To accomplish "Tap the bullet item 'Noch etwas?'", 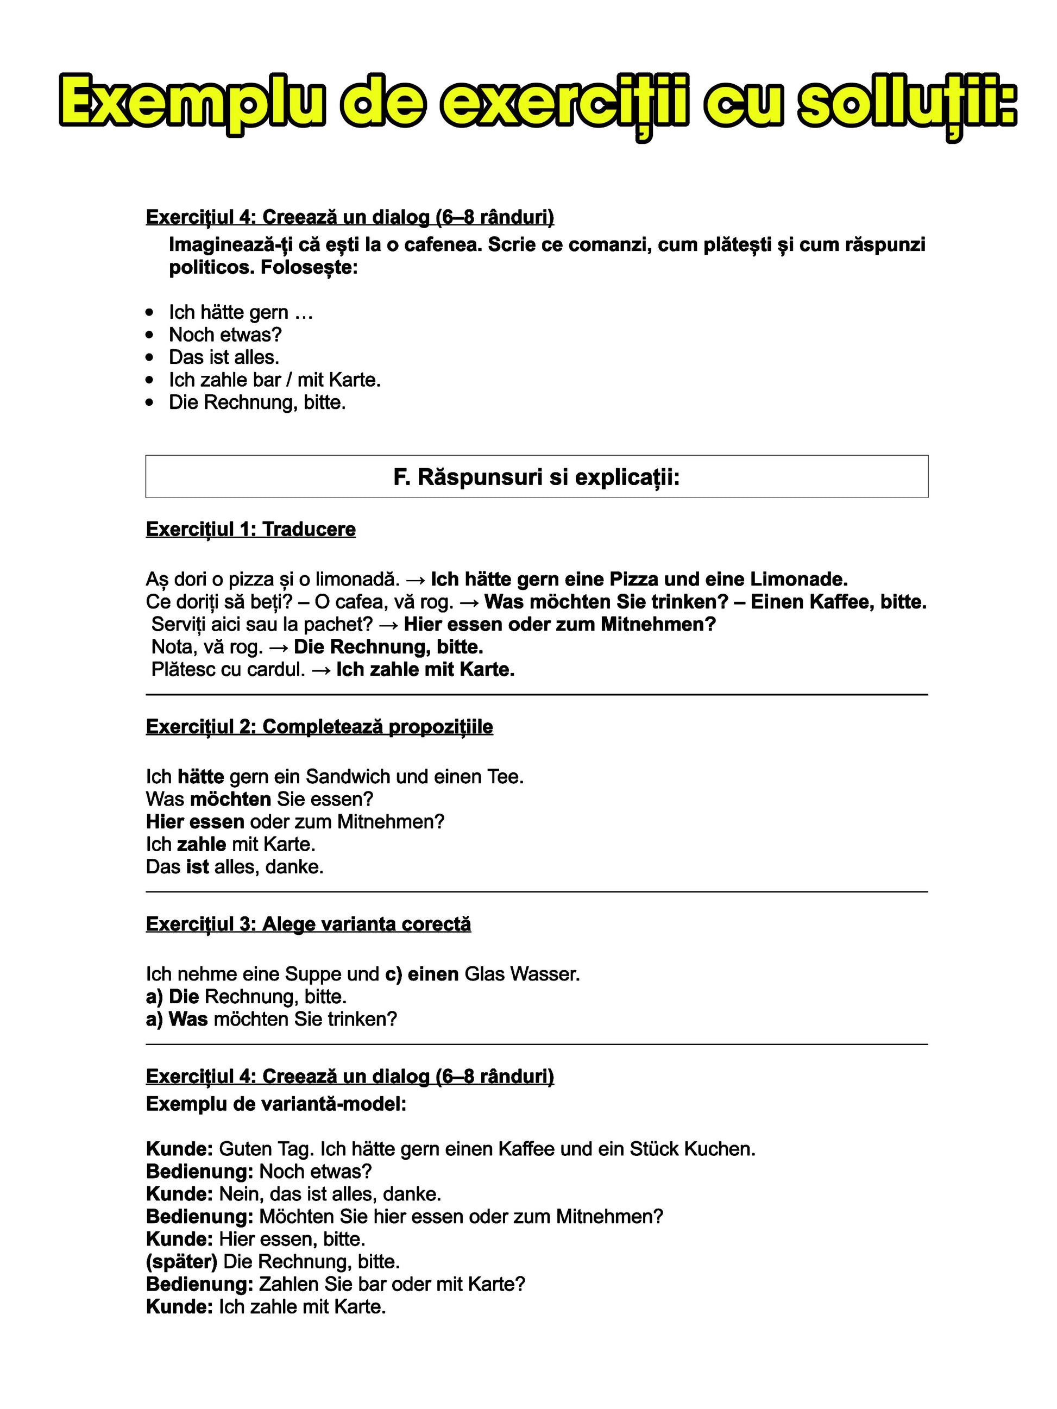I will [224, 335].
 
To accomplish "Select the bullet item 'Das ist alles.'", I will [224, 357].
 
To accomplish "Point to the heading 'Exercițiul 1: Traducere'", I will [250, 530].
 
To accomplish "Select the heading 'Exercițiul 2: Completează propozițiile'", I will [319, 727].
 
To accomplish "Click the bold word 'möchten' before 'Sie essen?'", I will [231, 799].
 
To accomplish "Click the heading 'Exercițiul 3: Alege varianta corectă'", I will [309, 924].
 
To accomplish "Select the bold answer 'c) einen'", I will [422, 974].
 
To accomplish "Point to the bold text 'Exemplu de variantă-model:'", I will [276, 1104].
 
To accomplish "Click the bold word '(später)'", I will [181, 1261].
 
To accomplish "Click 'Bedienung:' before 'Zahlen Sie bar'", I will [199, 1284].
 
